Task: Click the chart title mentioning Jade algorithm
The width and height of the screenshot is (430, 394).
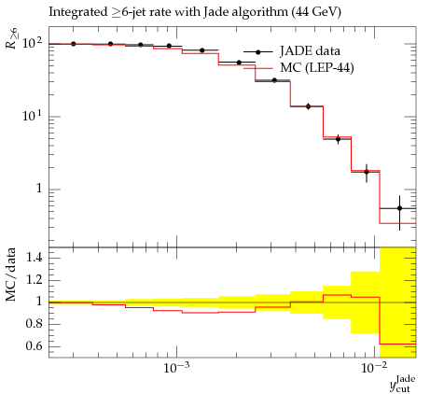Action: pos(195,12)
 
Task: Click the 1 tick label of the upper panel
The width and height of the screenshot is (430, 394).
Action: pos(38,189)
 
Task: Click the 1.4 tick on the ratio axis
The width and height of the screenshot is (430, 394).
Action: pos(35,258)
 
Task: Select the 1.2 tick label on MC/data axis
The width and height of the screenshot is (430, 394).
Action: pos(35,280)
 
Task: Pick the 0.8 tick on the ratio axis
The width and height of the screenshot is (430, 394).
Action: pos(35,324)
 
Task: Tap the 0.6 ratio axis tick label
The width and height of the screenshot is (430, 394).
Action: pos(35,345)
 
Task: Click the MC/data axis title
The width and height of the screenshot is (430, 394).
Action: pos(11,274)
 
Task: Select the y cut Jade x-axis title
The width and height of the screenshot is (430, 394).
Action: pos(403,384)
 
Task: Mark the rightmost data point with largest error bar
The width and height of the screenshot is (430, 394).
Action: pos(399,208)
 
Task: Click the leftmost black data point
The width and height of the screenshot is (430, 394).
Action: pos(74,44)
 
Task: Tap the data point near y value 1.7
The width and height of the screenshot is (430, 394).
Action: pos(367,172)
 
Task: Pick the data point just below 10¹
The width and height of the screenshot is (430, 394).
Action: pos(308,106)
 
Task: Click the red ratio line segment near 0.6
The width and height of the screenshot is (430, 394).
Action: pos(397,344)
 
